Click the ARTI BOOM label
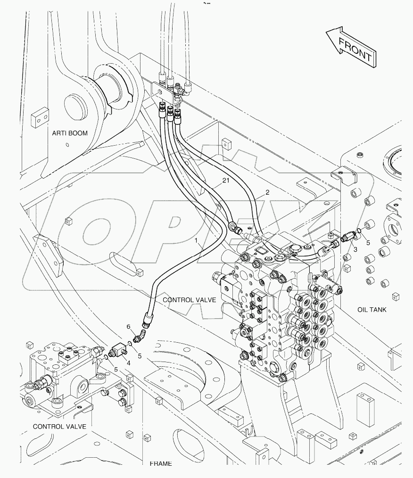click(x=70, y=133)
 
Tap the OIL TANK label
click(x=372, y=310)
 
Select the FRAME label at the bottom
click(x=160, y=464)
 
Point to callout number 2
click(x=267, y=192)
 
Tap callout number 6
click(x=128, y=327)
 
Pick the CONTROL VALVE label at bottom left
click(x=59, y=427)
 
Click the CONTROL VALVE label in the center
click(x=189, y=300)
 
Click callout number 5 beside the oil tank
click(x=369, y=243)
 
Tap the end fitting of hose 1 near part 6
click(x=147, y=322)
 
